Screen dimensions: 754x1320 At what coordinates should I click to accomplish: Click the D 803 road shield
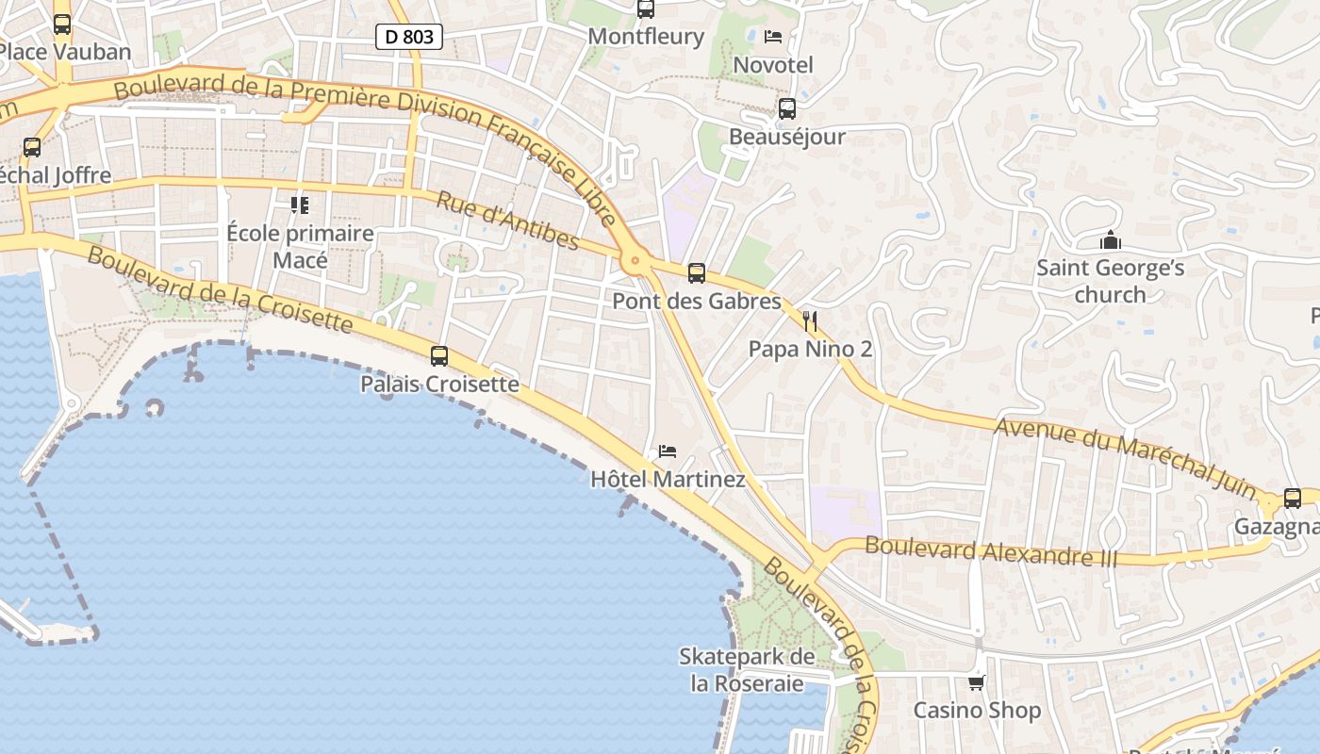tap(409, 37)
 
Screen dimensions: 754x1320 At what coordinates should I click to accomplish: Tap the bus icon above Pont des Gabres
tap(697, 273)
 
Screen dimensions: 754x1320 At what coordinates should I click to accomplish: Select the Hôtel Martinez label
tap(668, 479)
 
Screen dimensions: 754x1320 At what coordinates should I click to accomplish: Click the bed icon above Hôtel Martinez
tap(668, 451)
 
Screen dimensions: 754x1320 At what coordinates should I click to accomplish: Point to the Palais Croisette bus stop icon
tap(439, 356)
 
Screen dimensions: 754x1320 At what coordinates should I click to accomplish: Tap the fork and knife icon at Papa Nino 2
tap(809, 321)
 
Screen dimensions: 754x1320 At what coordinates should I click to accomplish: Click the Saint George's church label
tap(1110, 281)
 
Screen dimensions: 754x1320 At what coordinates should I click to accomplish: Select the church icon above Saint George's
tap(1111, 240)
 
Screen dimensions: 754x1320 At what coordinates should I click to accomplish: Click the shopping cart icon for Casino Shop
tap(977, 682)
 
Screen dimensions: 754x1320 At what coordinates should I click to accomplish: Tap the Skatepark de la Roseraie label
tap(748, 669)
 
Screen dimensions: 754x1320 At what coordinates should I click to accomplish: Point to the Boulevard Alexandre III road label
tap(990, 551)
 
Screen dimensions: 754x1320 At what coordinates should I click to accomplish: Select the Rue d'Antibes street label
tap(507, 221)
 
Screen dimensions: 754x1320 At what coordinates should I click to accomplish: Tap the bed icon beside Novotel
tap(773, 37)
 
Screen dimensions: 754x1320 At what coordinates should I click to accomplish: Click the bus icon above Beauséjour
tap(787, 108)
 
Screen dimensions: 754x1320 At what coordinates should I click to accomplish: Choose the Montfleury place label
tap(646, 37)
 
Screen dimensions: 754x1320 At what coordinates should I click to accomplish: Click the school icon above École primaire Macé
tap(300, 205)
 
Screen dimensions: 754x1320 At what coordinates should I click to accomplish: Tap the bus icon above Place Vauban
tap(62, 25)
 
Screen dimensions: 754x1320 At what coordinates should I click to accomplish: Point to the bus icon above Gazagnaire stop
tap(1292, 499)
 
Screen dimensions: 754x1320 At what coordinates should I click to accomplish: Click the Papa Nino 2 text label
tap(810, 349)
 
